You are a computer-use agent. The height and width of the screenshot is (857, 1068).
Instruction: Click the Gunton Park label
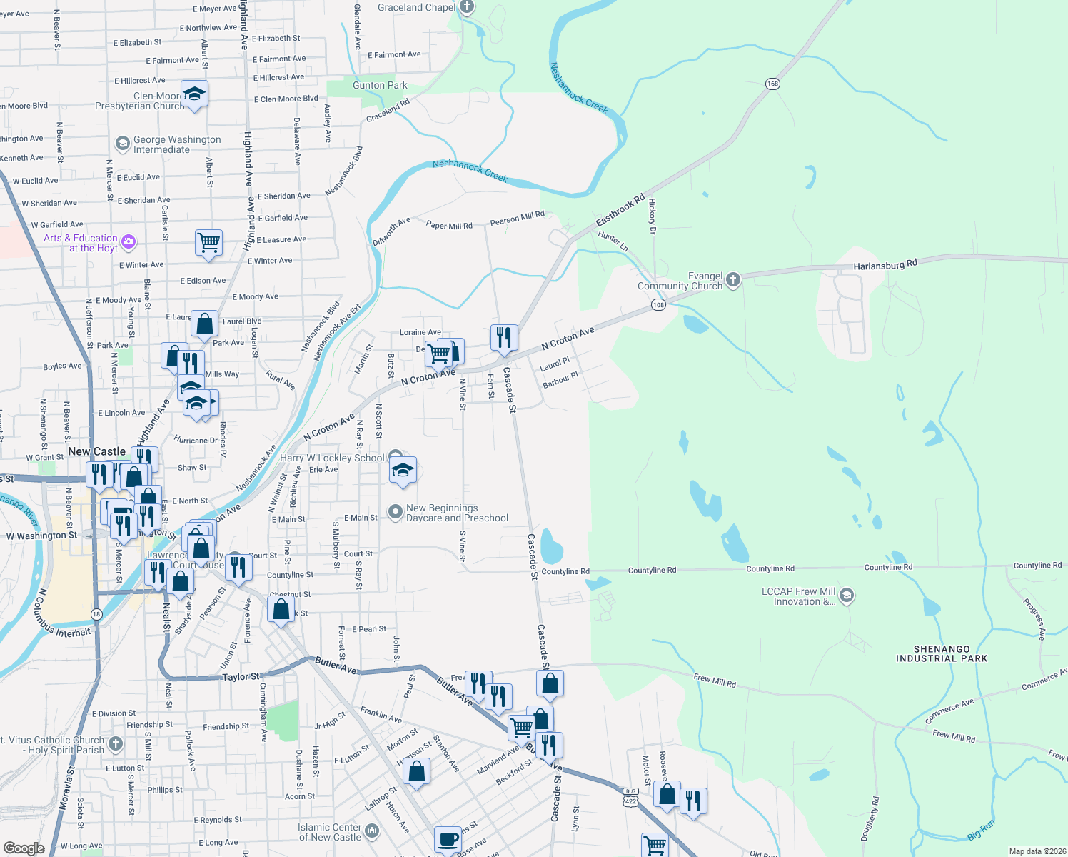click(x=380, y=85)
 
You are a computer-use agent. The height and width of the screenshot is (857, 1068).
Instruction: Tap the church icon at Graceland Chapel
click(x=467, y=8)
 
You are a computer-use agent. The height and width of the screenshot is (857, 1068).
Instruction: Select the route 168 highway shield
click(x=772, y=84)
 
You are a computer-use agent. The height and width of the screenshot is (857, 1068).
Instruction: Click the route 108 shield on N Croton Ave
click(x=658, y=305)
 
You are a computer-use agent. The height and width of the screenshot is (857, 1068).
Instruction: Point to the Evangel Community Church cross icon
click(x=733, y=280)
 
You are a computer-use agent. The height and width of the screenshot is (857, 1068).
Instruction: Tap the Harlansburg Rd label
click(x=885, y=265)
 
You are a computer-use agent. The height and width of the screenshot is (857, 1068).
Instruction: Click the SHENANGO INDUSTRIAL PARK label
click(x=942, y=654)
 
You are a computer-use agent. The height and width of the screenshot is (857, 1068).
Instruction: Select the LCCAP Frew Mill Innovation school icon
click(x=847, y=595)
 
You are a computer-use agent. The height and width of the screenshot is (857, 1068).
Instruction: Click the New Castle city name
click(x=96, y=451)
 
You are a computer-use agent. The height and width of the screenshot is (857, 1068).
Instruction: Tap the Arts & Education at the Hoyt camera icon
click(x=129, y=241)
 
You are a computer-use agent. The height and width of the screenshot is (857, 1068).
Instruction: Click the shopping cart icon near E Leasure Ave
click(x=209, y=241)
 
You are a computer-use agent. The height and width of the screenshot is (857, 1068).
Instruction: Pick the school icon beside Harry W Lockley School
click(x=403, y=471)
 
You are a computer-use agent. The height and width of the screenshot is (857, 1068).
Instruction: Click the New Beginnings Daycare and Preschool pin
click(x=395, y=512)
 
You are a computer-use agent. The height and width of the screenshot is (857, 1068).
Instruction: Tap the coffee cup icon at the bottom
click(x=448, y=838)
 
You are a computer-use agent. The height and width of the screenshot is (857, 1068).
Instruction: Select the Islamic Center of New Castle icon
click(x=372, y=831)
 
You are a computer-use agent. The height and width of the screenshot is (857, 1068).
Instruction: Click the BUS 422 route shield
click(x=630, y=796)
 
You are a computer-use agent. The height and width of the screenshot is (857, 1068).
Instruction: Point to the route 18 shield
click(x=96, y=614)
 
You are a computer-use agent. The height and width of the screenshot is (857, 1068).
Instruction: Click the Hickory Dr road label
click(x=652, y=216)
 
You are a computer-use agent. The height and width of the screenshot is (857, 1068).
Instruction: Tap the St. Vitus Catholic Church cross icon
click(x=116, y=744)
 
